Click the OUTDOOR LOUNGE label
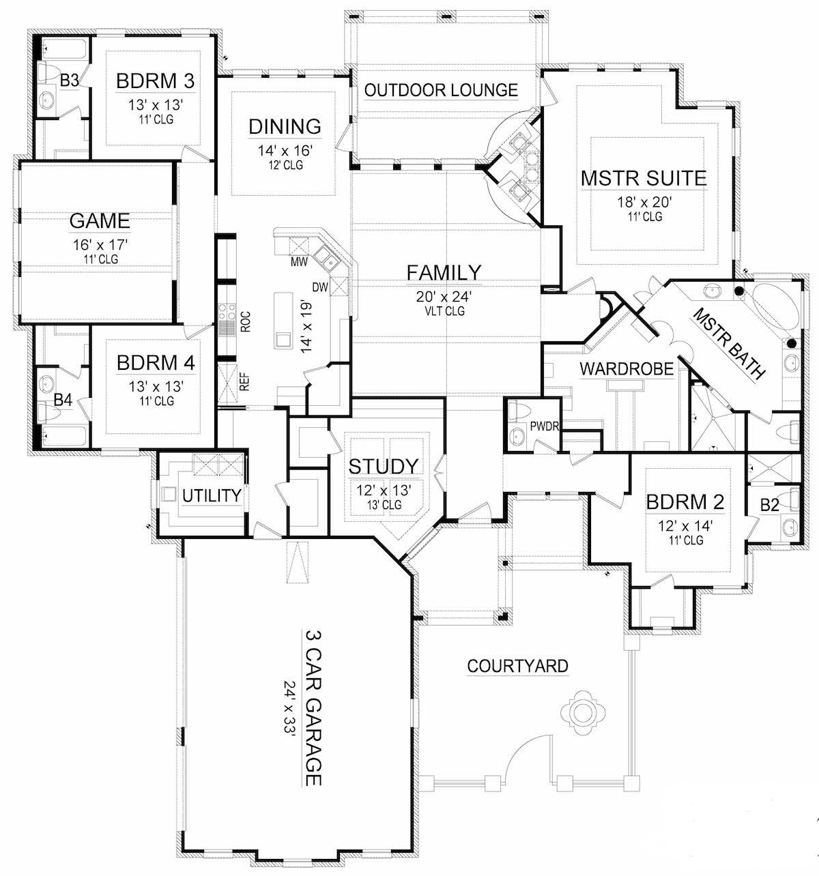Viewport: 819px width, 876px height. coord(441,90)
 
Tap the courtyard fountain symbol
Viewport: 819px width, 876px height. coord(582,712)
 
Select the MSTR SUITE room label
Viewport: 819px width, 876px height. coord(644,179)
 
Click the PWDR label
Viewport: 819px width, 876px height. coord(544,427)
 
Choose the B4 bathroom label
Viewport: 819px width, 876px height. coord(63,400)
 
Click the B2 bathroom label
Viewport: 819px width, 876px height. coord(770,506)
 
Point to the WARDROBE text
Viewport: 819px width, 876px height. coord(626,369)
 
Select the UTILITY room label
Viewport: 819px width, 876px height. coord(212,495)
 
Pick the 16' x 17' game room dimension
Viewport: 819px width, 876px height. coord(100,244)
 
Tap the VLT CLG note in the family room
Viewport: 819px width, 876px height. coord(444,311)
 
